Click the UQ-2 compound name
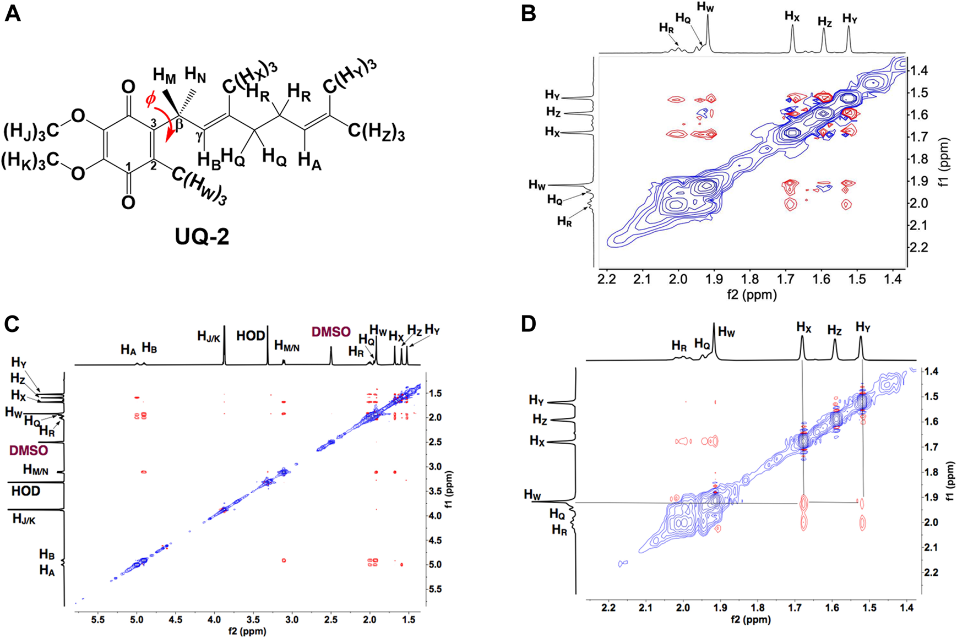coord(202,236)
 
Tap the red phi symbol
coord(150,100)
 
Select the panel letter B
coord(528,13)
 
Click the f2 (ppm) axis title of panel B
coord(752,295)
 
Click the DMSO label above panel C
coord(331,332)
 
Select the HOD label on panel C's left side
coord(26,490)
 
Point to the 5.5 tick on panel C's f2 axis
coord(98,620)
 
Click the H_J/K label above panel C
coord(209,336)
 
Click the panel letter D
coord(528,324)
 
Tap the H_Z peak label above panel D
coord(834,330)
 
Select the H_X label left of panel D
coord(537,440)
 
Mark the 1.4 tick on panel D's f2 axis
coord(907,608)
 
